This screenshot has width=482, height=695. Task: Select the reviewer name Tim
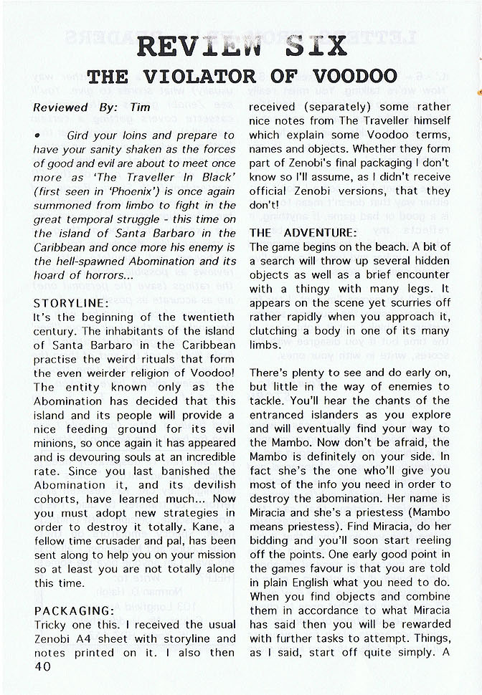[139, 107]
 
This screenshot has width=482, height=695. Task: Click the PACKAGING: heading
[74, 610]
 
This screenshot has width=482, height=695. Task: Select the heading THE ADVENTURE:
[303, 232]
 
